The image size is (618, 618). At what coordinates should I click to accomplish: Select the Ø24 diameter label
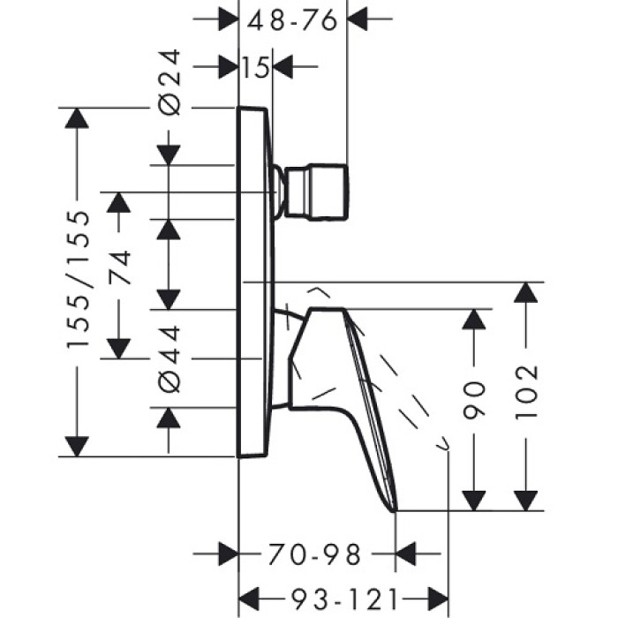[x=170, y=83]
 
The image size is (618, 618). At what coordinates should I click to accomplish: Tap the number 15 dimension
[x=256, y=66]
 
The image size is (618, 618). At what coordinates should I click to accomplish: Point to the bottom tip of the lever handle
[x=396, y=508]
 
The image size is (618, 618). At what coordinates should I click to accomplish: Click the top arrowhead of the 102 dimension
[x=527, y=292]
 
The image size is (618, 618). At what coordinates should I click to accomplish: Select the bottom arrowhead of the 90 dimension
[x=475, y=501]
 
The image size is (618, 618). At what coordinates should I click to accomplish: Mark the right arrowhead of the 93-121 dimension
[x=436, y=596]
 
